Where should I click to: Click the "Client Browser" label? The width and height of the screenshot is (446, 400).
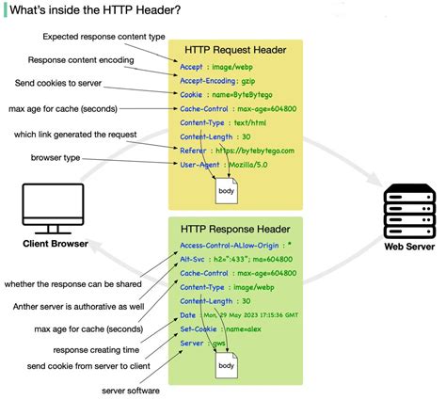click(x=56, y=246)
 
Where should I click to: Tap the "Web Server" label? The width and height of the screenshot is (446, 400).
click(x=408, y=248)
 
